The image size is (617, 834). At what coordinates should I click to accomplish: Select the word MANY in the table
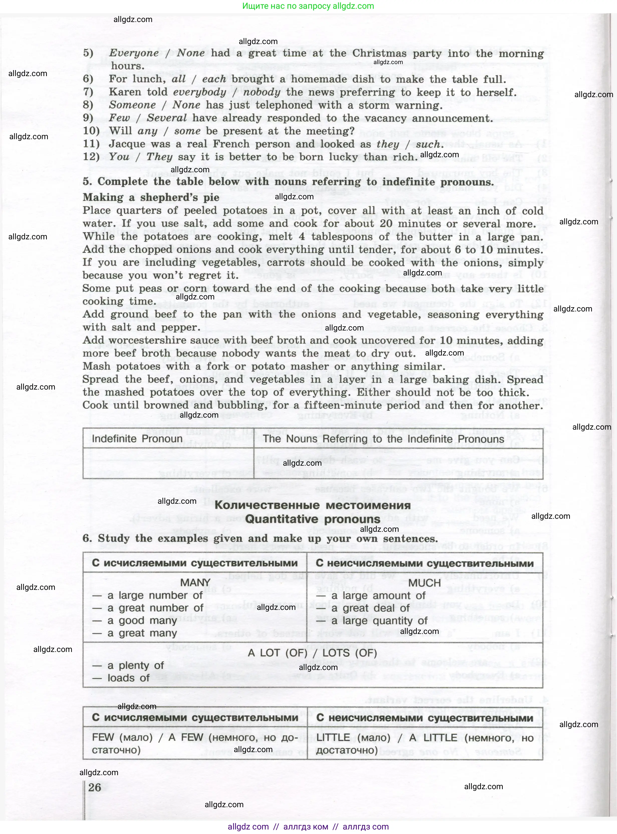pos(195,583)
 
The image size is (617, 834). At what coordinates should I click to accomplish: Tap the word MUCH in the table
pos(425,583)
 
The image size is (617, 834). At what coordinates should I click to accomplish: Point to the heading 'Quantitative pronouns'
pos(313,519)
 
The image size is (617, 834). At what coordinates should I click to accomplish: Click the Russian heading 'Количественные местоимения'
pos(313,506)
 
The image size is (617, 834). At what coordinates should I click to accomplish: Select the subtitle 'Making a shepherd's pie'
pos(151,198)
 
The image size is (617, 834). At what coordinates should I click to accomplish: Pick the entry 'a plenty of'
pos(135,665)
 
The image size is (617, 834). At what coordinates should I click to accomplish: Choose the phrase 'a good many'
pos(142,620)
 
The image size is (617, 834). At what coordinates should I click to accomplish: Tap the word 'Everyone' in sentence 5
pos(134,53)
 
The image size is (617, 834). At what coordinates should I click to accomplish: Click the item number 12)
pos(91,157)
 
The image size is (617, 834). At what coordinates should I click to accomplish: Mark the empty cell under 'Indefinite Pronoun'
pos(168,463)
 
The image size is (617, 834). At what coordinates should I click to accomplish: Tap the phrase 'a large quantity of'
pos(379,621)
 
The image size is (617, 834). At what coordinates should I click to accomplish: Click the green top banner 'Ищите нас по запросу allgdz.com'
pos(308,6)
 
